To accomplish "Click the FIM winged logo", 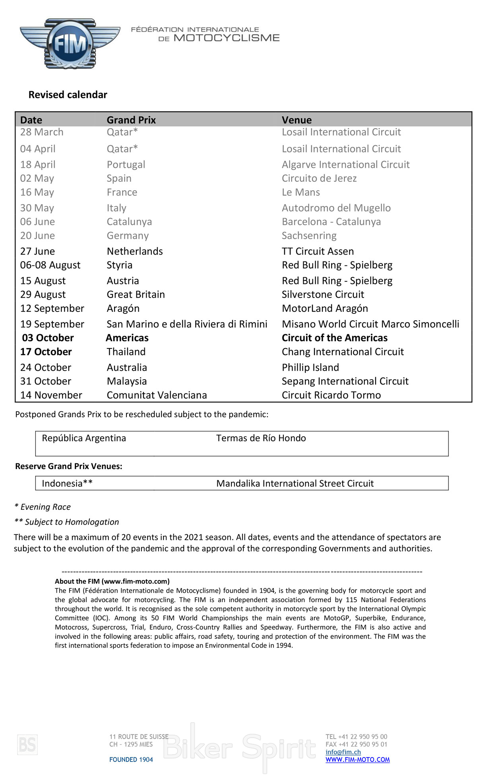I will (x=70, y=43).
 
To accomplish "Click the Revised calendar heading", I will (x=68, y=95).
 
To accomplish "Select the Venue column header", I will (x=297, y=120).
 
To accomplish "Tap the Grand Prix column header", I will (x=131, y=120).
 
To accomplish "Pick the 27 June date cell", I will (x=38, y=251).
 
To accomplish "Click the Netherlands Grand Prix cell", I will (x=135, y=251).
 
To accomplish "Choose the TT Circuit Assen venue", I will (x=318, y=251).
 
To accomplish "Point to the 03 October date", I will (x=48, y=338).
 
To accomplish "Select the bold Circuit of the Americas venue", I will (x=335, y=338).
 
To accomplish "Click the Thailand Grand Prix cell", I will (x=126, y=352).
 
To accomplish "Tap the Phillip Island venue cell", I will (x=310, y=367).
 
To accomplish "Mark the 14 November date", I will (x=51, y=395).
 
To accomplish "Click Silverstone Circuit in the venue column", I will (x=323, y=294).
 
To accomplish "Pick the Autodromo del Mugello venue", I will (x=336, y=208).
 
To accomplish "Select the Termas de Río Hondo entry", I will (x=261, y=438).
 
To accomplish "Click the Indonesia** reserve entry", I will (x=67, y=483).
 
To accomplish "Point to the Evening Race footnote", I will (x=43, y=507).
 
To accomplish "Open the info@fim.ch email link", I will (x=343, y=752).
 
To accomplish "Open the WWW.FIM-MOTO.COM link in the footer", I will (x=357, y=759).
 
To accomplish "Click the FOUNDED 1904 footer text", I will (x=131, y=759).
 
